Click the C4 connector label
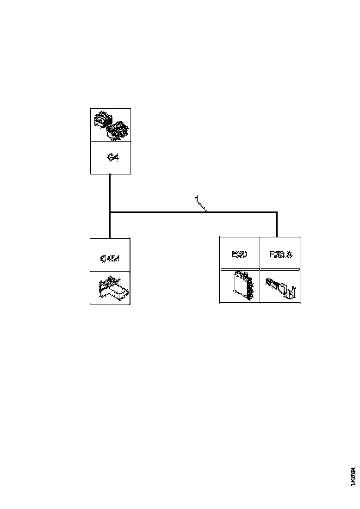(113, 158)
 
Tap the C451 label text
(110, 258)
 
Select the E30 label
(239, 254)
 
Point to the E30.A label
(280, 254)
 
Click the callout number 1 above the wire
(197, 199)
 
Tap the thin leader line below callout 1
(203, 207)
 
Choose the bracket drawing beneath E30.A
(280, 287)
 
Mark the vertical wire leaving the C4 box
(110, 192)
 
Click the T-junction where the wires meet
(110, 212)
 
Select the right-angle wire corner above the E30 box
(277, 213)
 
